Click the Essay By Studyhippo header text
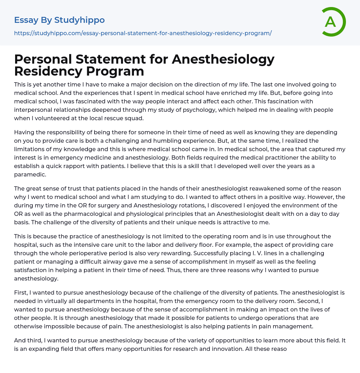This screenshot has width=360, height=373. [59, 20]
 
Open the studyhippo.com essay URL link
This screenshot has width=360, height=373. [143, 33]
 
